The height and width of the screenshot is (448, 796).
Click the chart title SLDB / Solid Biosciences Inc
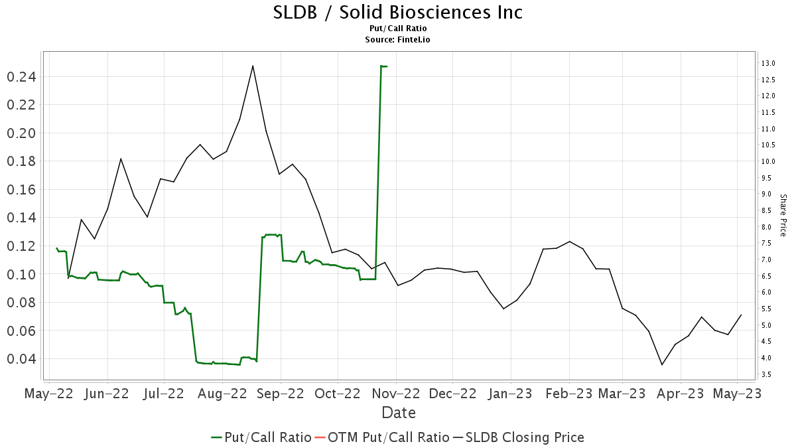tap(398, 12)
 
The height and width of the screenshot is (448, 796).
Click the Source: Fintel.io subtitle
tap(398, 40)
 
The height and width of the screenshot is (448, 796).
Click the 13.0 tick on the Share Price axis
tap(768, 64)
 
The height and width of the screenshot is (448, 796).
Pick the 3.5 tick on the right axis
tap(765, 375)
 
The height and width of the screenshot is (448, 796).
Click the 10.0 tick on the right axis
tap(768, 161)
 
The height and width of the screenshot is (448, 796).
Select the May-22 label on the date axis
tap(48, 393)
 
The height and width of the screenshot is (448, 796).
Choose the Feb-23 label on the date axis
tap(568, 393)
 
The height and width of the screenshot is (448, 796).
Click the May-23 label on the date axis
tap(738, 393)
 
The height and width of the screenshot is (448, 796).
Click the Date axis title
tap(399, 413)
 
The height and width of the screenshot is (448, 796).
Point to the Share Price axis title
tap(783, 215)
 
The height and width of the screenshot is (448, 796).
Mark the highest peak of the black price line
tap(253, 66)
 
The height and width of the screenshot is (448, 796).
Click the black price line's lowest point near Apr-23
tap(661, 364)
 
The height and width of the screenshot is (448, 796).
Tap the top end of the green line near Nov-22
tap(381, 66)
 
